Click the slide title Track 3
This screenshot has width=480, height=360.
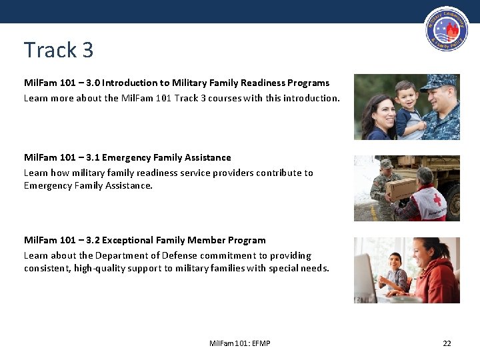click(59, 50)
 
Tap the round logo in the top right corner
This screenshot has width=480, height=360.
click(447, 29)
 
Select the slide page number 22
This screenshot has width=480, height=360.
click(447, 343)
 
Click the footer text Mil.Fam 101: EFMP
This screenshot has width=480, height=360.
click(239, 343)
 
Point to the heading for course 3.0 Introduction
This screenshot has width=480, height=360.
click(177, 83)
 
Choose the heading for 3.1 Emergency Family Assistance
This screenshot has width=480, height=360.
click(127, 158)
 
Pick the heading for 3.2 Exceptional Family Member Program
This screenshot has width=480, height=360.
click(145, 241)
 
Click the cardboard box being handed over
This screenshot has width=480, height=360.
click(401, 189)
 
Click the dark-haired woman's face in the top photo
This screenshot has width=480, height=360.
click(377, 109)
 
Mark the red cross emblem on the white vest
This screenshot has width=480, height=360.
click(437, 199)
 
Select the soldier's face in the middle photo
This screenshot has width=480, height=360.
click(386, 171)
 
